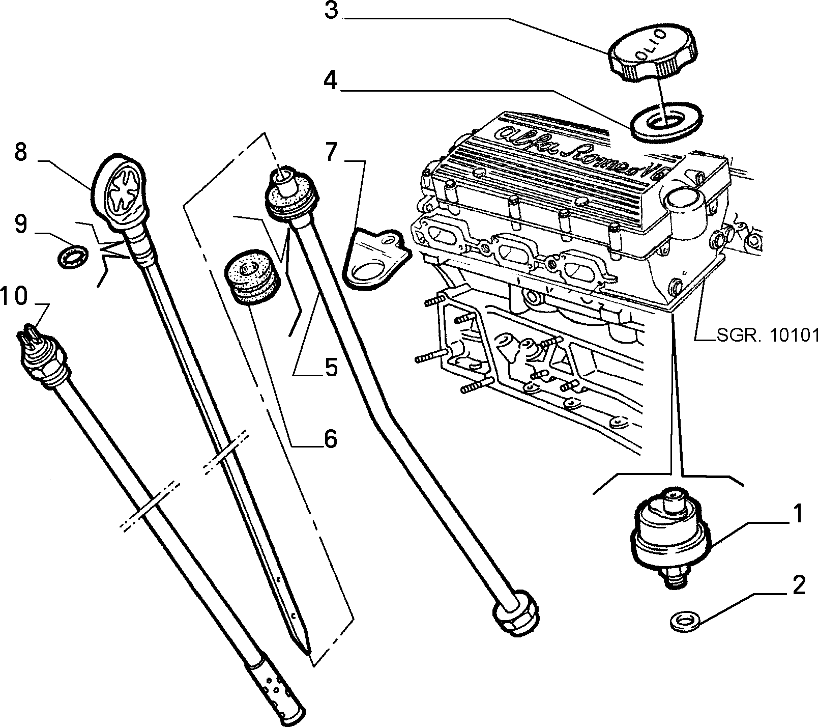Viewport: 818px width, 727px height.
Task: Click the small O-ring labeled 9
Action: [x=71, y=255]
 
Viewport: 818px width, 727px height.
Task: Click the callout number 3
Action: [x=331, y=10]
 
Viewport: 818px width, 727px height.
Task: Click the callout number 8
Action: [x=20, y=152]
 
